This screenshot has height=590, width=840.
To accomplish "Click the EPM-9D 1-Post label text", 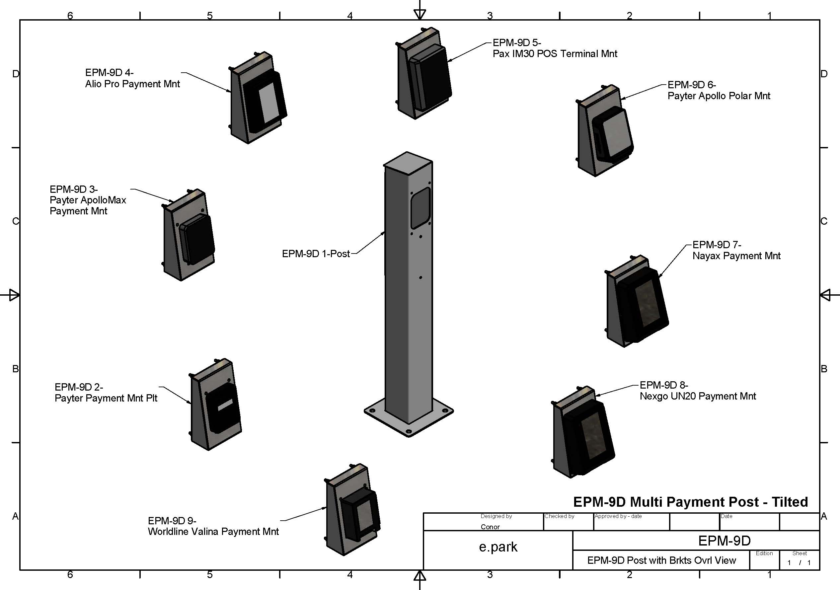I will (x=316, y=254).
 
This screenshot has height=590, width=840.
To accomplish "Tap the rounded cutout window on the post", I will (x=420, y=208).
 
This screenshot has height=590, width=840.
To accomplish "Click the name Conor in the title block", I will (x=490, y=527).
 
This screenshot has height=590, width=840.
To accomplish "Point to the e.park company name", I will (x=498, y=547).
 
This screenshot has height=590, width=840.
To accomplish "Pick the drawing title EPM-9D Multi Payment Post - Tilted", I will (x=690, y=502).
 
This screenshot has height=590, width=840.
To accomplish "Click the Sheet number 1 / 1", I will (x=799, y=562).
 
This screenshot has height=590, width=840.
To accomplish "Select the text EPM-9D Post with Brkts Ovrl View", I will (x=661, y=560).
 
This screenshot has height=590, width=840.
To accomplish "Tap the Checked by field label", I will (x=559, y=516).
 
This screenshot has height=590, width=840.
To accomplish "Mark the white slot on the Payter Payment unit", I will (x=225, y=405).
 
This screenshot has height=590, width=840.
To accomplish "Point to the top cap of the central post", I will (x=408, y=163).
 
